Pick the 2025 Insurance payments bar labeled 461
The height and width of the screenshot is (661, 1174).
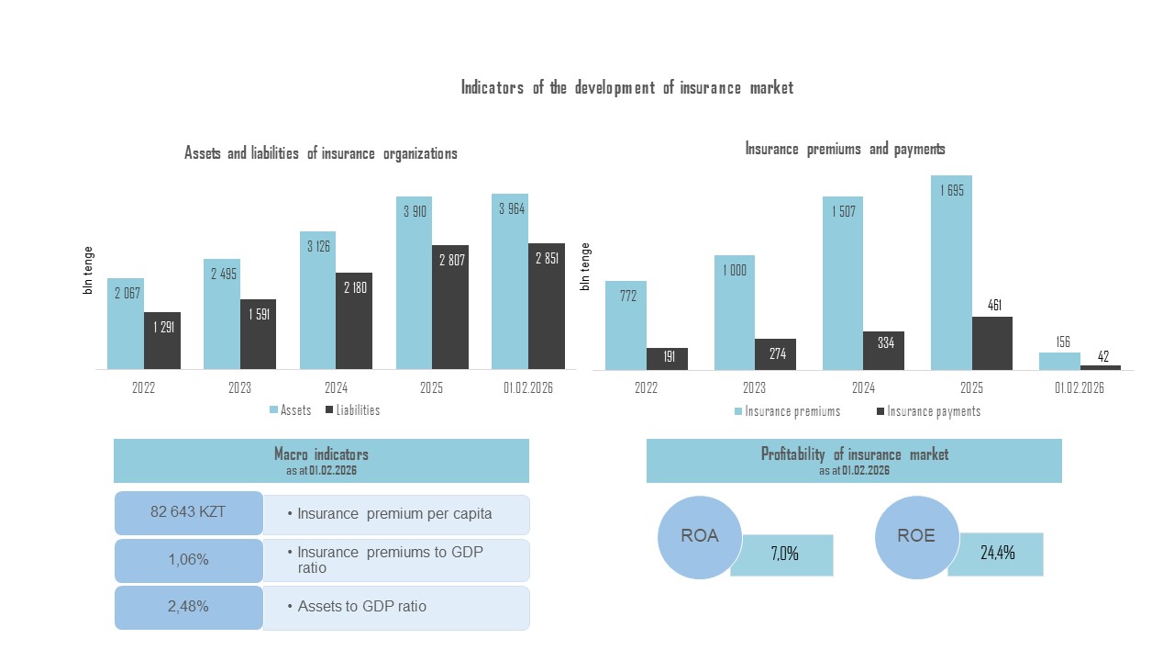pos(992,343)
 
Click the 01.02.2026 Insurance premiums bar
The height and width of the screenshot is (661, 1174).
pos(1059,361)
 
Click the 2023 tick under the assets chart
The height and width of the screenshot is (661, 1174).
pos(239,387)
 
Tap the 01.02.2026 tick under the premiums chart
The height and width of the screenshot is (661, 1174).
pos(1080,387)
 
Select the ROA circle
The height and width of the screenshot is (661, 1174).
pos(700,538)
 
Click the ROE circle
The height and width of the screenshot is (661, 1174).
pos(916,538)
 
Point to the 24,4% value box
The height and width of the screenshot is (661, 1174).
pos(996,554)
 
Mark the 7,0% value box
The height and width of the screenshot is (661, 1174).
pos(783,555)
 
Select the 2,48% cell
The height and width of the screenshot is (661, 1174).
pos(188,607)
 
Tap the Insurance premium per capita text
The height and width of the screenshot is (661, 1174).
pos(394,514)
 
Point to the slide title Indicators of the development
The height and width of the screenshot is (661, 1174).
pos(626,88)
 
